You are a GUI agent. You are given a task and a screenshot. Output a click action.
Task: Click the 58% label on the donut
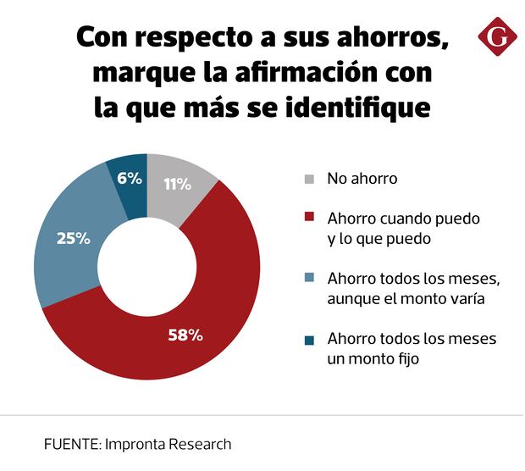185,335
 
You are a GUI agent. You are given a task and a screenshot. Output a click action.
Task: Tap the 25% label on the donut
73,238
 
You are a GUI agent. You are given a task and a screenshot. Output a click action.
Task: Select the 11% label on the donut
177,185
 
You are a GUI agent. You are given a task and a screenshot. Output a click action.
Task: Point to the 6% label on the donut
129,178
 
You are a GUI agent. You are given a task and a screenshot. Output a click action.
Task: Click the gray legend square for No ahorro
310,179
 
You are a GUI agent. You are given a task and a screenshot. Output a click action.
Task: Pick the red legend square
310,219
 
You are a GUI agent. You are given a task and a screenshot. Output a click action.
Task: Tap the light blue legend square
310,279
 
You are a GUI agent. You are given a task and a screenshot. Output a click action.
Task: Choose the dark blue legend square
310,340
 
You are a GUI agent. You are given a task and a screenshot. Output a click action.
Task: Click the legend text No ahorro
362,179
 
